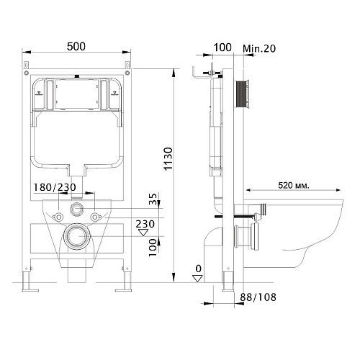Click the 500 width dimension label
76,46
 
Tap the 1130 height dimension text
168,159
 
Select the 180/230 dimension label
55,187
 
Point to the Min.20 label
259,48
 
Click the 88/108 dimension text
258,297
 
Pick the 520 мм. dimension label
294,185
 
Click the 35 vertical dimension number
153,199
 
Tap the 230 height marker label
145,224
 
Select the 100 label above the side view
222,48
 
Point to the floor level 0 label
198,269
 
